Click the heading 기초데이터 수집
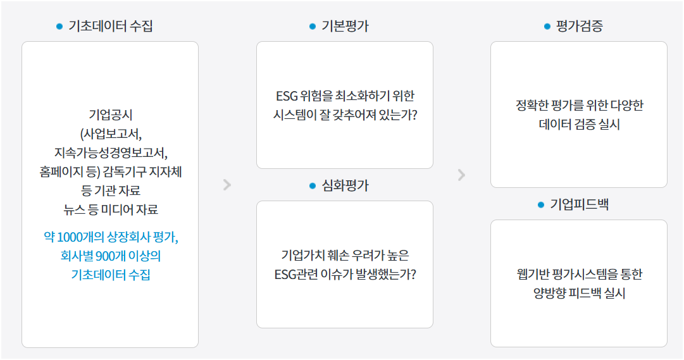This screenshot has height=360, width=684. click(110, 27)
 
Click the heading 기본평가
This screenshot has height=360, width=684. click(345, 27)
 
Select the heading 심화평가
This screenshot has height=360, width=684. click(345, 186)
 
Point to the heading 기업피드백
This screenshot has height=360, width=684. click(579, 205)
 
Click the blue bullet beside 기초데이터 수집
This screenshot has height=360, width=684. click(59, 27)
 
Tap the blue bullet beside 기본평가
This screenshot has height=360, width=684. click(312, 27)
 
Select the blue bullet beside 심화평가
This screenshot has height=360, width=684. click(312, 186)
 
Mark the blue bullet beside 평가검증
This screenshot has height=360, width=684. click(547, 27)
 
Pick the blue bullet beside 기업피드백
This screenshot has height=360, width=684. click(540, 205)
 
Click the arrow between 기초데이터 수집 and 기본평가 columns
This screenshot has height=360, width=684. click(227, 185)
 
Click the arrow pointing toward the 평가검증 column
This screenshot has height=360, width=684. click(461, 175)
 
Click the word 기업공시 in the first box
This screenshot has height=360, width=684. click(110, 115)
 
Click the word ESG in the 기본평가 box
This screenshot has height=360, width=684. click(287, 97)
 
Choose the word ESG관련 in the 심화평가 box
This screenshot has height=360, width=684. click(293, 275)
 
